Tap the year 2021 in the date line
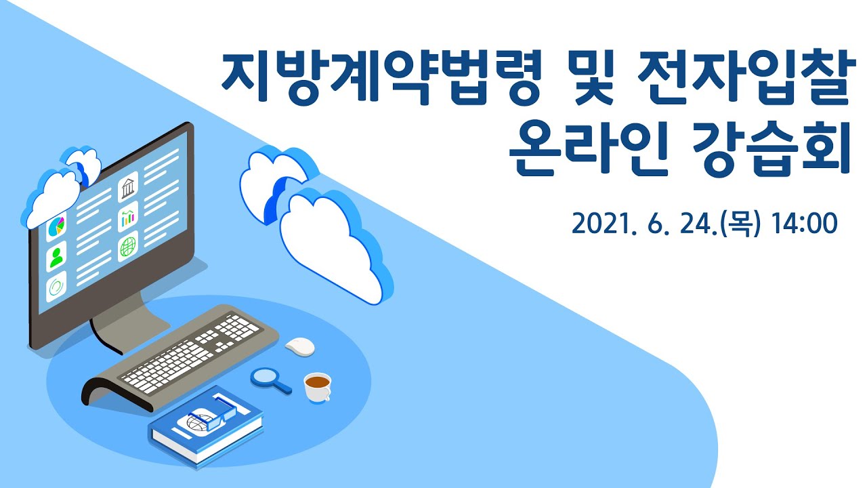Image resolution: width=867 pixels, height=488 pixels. click(604, 223)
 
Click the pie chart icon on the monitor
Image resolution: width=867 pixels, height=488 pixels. click(56, 228)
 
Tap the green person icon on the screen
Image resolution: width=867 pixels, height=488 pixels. click(56, 258)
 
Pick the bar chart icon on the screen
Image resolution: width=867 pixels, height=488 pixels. click(127, 218)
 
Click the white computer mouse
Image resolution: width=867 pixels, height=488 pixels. click(300, 346)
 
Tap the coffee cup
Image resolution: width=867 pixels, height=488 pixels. click(317, 386)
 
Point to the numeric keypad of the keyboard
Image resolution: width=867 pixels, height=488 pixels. click(240, 329)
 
